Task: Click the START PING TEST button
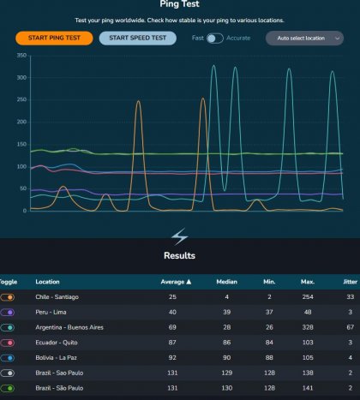click(x=54, y=38)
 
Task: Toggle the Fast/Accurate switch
click(x=215, y=38)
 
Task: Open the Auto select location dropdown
click(x=303, y=38)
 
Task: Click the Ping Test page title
click(x=180, y=4)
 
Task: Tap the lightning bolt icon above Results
click(x=180, y=236)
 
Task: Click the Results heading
click(x=180, y=255)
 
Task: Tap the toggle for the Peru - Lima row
click(x=9, y=312)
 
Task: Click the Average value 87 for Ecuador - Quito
click(x=184, y=343)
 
